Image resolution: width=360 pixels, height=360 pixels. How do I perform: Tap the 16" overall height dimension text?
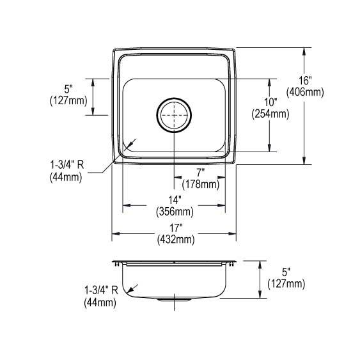click(x=305, y=81)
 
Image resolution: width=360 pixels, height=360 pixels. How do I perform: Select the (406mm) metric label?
click(x=305, y=92)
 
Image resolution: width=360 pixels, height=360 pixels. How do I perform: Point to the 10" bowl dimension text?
click(x=270, y=102)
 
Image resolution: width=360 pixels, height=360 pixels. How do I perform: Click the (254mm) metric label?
click(x=270, y=114)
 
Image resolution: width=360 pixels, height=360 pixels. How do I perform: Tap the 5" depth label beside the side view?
click(x=286, y=271)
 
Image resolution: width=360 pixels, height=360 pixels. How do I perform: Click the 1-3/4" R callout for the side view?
click(x=100, y=292)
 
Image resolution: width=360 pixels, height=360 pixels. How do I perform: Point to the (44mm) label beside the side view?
click(x=100, y=303)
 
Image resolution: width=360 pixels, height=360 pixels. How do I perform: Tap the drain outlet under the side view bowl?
click(x=174, y=299)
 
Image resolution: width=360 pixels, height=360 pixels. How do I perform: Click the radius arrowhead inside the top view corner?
click(x=130, y=145)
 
